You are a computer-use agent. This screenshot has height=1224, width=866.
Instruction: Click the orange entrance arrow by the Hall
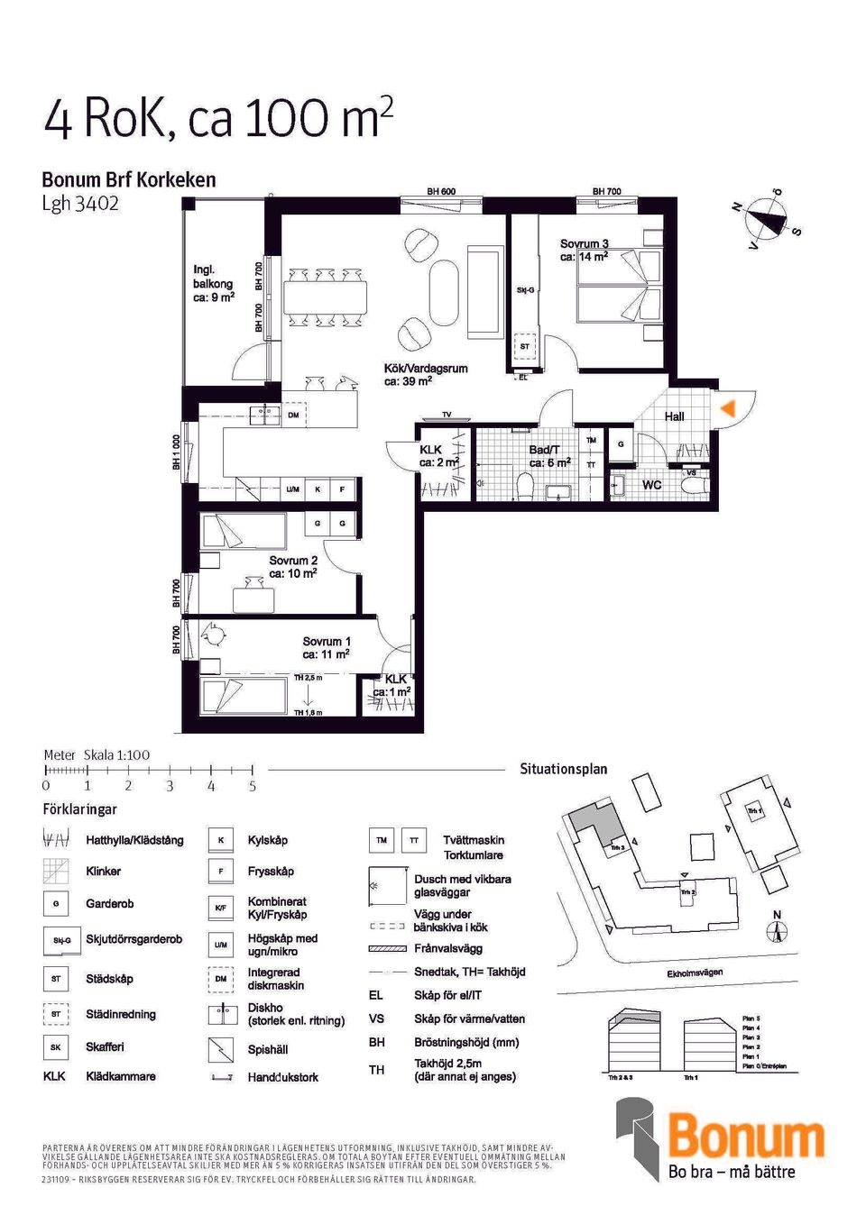click(728, 408)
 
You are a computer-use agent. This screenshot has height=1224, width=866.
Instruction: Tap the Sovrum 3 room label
click(584, 250)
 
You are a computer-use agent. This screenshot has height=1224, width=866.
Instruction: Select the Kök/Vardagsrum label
click(425, 374)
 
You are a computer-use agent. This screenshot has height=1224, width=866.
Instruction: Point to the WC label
click(651, 485)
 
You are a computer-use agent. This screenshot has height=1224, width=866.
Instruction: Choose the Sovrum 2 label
click(293, 566)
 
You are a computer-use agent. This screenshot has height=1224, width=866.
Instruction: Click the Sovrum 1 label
click(326, 647)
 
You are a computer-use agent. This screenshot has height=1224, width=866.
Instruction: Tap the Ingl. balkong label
click(213, 283)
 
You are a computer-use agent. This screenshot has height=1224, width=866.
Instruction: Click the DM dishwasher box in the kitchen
click(293, 416)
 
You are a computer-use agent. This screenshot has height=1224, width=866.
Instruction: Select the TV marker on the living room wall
click(447, 416)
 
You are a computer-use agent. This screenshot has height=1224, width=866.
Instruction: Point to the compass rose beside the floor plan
click(766, 217)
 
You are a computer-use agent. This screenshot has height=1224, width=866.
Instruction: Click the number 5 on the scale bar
click(253, 786)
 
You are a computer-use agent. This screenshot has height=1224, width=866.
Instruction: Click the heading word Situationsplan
click(563, 769)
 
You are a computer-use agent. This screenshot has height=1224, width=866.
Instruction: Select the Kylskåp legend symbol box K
click(220, 840)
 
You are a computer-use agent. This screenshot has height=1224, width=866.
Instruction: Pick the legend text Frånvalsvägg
click(447, 948)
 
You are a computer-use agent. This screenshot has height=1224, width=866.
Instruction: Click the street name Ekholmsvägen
click(694, 973)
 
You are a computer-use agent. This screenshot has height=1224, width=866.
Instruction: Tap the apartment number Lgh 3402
click(80, 204)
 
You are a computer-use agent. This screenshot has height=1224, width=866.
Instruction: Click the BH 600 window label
click(441, 192)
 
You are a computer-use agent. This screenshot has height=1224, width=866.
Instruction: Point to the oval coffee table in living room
click(443, 292)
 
